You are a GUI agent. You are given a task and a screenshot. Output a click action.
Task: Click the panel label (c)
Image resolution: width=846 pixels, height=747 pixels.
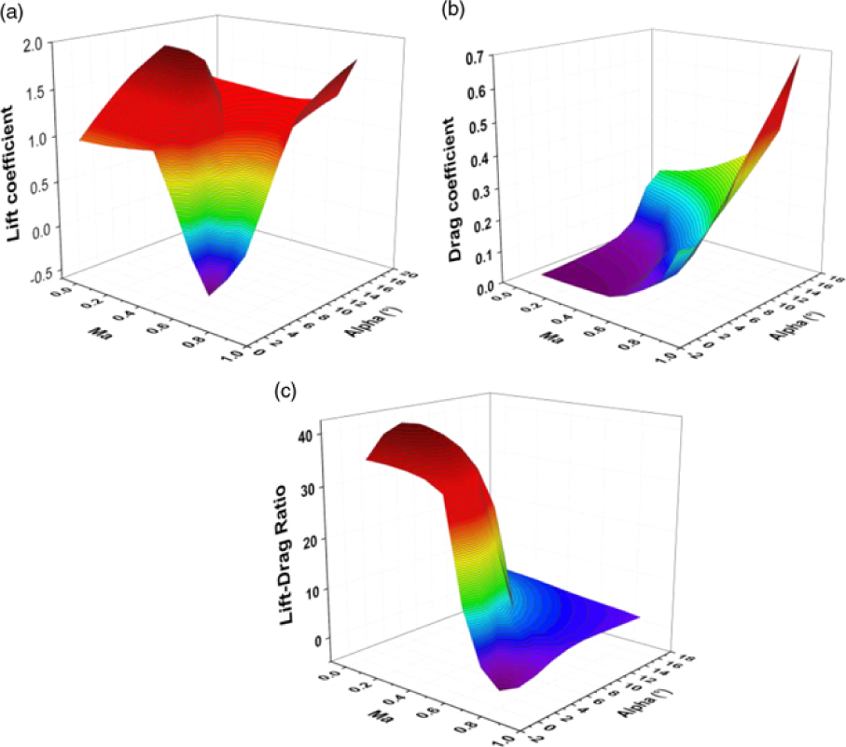click(285, 392)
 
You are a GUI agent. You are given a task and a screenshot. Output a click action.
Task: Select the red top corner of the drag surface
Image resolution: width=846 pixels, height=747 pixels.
click(798, 59)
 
